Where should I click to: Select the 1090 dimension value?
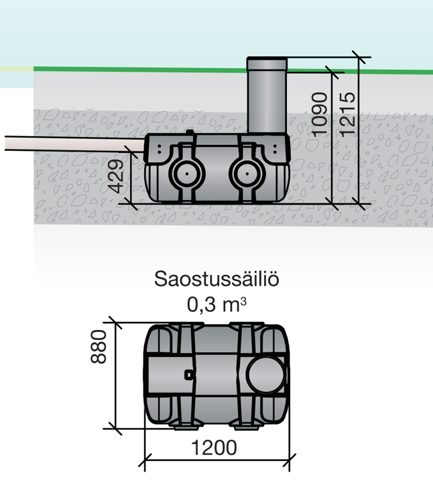tap(321, 115)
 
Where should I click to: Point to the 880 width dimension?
tap(99, 347)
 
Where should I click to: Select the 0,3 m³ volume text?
tap(216, 305)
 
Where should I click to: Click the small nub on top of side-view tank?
tap(191, 133)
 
